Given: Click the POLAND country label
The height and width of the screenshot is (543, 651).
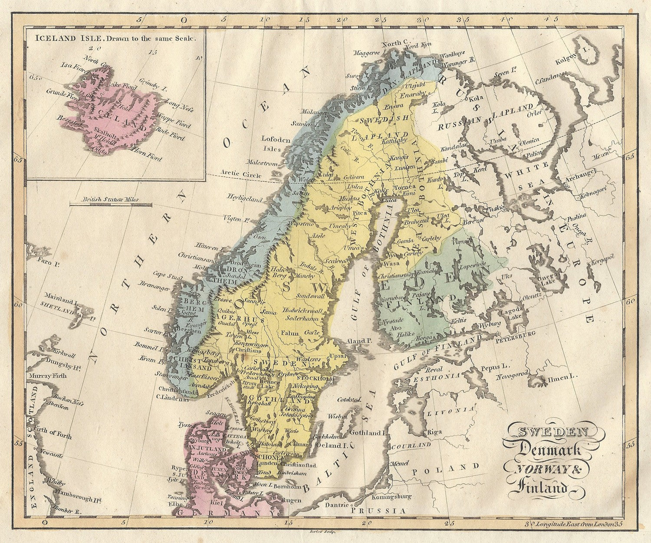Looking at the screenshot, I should tap(446, 469).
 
